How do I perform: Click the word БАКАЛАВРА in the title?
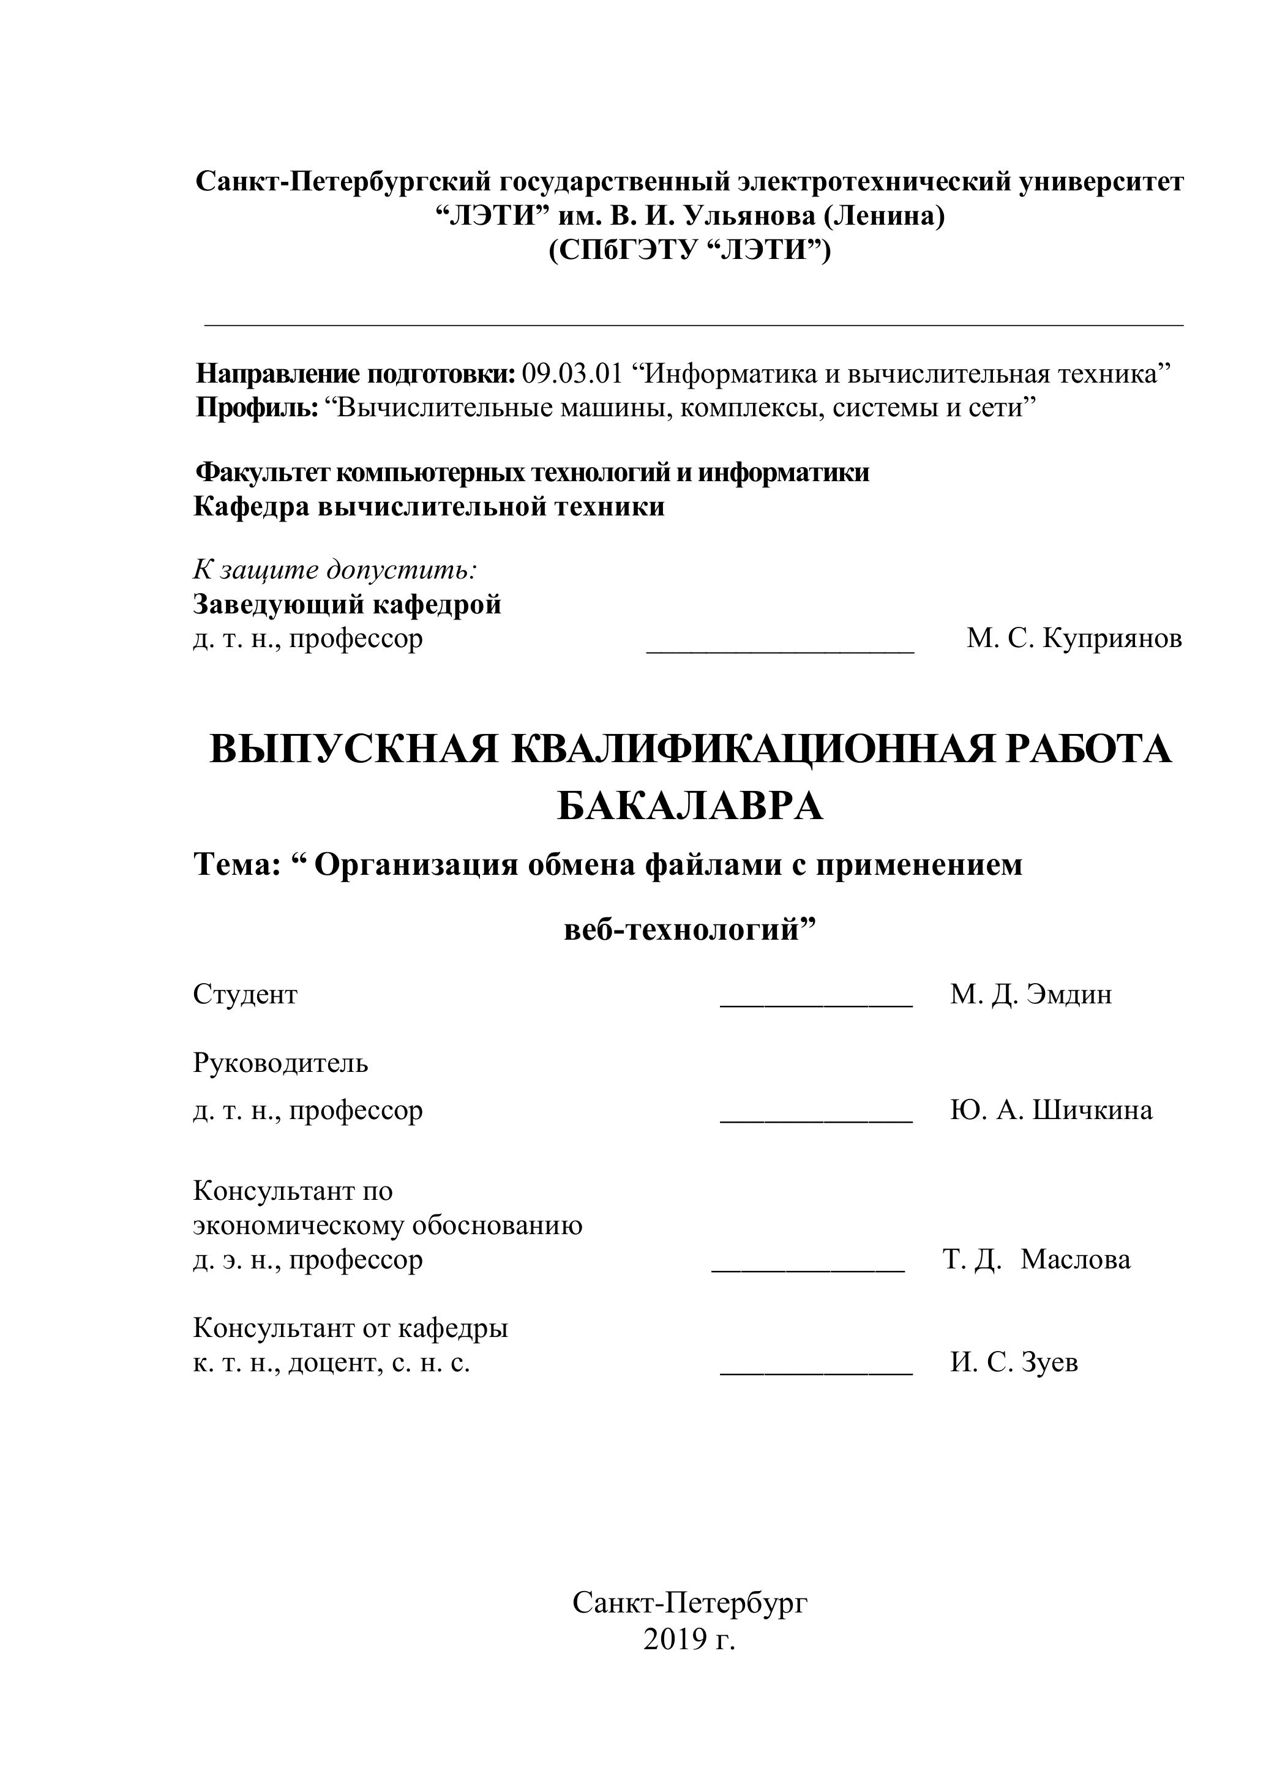tap(690, 806)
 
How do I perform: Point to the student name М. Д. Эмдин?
tap(1030, 994)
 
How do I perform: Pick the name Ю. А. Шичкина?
tap(1051, 1109)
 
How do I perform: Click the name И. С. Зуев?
tap(1013, 1362)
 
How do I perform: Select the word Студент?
tap(245, 994)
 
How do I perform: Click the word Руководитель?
tap(280, 1063)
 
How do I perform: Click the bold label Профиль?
tap(257, 408)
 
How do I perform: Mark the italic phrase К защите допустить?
tap(335, 570)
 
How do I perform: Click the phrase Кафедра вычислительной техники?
tap(429, 507)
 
